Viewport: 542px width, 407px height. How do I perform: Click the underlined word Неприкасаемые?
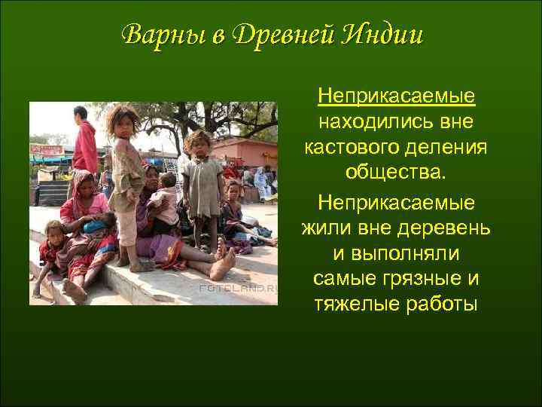[396, 96]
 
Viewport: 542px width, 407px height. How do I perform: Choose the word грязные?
[422, 278]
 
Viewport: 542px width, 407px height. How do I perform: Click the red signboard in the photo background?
[47, 150]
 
